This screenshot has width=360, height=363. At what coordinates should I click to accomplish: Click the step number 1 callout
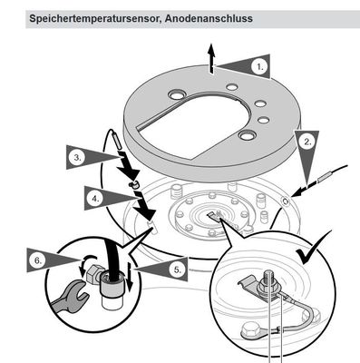(x=260, y=67)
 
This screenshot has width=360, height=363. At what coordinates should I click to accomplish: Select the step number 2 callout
(x=307, y=142)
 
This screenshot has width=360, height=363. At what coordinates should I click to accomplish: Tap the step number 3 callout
(x=77, y=158)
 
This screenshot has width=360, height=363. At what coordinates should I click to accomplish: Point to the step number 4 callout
(x=95, y=199)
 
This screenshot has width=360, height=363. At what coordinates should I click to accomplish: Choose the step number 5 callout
(x=178, y=270)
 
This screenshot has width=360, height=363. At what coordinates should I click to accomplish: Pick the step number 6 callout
(x=38, y=260)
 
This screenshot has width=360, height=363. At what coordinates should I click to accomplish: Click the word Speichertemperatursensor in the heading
(x=94, y=18)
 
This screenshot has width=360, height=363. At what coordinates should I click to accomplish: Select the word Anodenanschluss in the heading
(x=209, y=18)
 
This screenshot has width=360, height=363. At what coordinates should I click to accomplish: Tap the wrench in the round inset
(x=70, y=296)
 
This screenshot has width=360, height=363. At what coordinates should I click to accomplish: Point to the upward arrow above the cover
(x=211, y=58)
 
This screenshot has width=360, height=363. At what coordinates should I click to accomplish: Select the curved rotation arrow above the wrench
(x=88, y=262)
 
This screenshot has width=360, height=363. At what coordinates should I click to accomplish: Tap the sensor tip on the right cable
(x=325, y=177)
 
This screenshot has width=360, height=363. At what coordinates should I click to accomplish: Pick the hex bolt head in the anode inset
(x=249, y=331)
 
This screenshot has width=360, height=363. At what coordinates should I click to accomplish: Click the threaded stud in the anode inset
(x=268, y=277)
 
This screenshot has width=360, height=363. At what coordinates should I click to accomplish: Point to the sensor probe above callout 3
(x=116, y=139)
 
